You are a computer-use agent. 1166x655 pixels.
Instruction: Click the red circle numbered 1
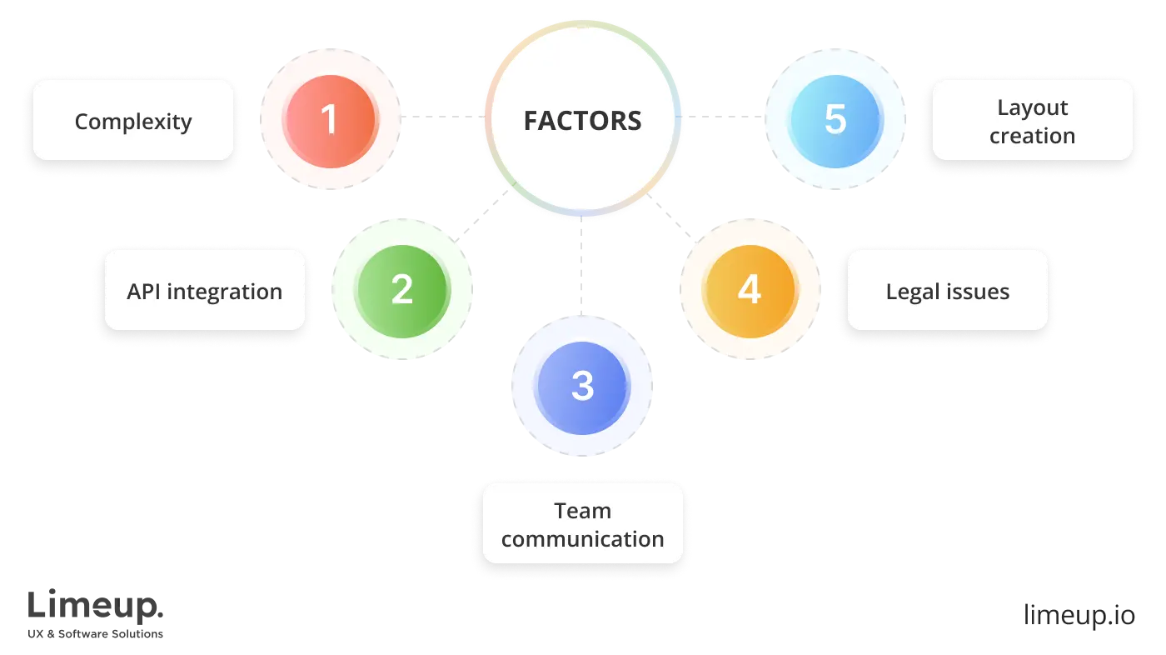click(x=331, y=119)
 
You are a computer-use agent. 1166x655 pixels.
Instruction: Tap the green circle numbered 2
click(x=401, y=289)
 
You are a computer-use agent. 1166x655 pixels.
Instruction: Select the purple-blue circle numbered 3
click(x=582, y=387)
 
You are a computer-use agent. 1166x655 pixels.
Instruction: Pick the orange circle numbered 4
click(x=749, y=289)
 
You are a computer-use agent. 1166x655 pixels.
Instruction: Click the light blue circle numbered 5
click(x=835, y=119)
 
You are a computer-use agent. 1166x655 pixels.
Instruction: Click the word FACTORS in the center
click(x=582, y=121)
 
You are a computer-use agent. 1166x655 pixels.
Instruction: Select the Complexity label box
click(x=133, y=121)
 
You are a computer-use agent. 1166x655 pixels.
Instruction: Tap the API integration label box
click(x=204, y=291)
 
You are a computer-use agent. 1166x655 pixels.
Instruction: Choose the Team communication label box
click(x=582, y=524)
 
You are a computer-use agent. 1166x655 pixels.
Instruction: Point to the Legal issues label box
click(x=947, y=291)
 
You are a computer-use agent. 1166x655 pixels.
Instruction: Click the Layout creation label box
click(x=1032, y=121)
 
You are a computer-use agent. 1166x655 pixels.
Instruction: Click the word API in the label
click(x=143, y=292)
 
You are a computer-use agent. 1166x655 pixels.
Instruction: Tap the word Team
click(x=582, y=510)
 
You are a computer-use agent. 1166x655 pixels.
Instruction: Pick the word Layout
click(x=1032, y=107)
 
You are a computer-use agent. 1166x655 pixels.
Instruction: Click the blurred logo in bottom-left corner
click(x=96, y=612)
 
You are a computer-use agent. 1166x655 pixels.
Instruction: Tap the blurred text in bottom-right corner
click(x=1078, y=613)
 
